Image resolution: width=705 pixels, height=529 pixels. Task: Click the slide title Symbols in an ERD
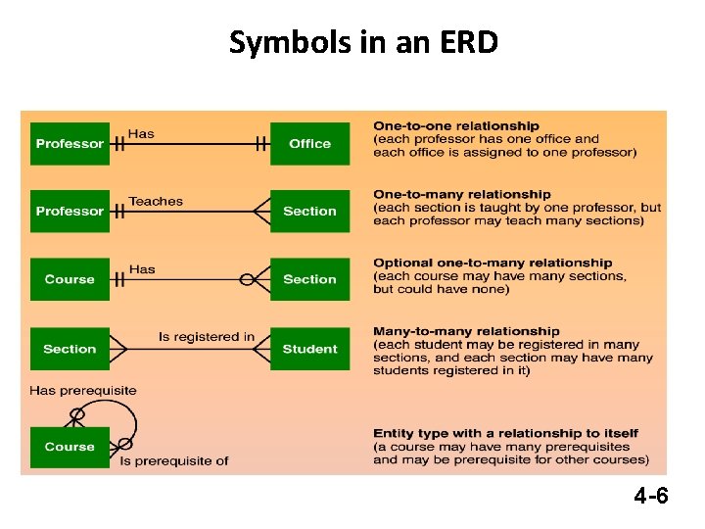(x=363, y=42)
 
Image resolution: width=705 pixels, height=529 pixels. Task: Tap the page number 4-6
(x=650, y=497)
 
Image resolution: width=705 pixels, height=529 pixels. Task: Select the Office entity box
(x=309, y=144)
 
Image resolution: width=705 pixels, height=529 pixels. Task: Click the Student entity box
(x=309, y=349)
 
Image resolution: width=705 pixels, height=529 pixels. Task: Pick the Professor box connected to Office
(x=70, y=144)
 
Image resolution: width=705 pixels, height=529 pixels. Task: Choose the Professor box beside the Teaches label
(x=70, y=212)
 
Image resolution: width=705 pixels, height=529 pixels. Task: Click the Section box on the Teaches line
(x=309, y=212)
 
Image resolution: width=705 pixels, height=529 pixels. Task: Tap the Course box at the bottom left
(x=70, y=447)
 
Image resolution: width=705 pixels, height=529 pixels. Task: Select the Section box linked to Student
(x=70, y=349)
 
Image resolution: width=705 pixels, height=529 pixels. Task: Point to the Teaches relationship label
(x=156, y=201)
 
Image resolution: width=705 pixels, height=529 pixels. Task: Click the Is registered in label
(x=207, y=337)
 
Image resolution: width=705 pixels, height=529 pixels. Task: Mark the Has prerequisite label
(x=83, y=390)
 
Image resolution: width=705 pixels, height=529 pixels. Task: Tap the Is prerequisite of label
(x=174, y=460)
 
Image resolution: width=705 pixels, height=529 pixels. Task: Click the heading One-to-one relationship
(x=455, y=125)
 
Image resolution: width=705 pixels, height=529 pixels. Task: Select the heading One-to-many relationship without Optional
(x=461, y=194)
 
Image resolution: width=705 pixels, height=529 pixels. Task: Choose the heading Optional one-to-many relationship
(x=493, y=263)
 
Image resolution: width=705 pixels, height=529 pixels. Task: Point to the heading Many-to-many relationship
(x=466, y=331)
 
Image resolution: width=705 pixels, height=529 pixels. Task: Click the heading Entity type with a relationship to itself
(x=505, y=433)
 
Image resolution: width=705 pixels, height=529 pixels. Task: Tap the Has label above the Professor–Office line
(x=141, y=133)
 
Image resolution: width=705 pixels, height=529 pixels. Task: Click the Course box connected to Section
(x=70, y=279)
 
